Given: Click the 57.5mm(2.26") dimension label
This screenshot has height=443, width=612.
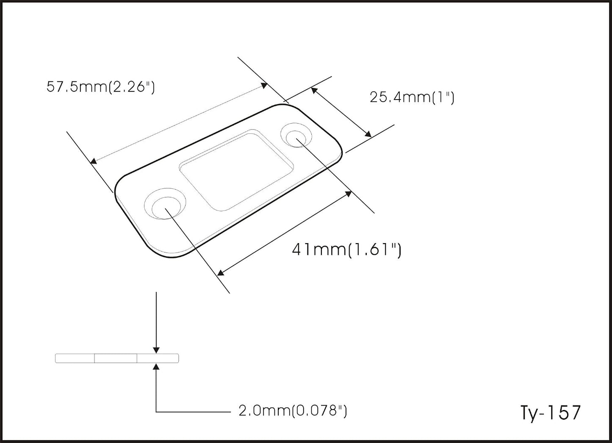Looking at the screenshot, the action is (x=100, y=87).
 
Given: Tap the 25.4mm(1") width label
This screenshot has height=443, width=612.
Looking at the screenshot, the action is (x=412, y=97).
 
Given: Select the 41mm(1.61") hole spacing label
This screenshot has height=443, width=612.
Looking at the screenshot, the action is (x=346, y=250).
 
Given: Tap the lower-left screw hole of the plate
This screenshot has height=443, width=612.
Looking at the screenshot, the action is (x=165, y=204).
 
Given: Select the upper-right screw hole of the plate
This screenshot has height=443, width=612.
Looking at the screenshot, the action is (x=296, y=135).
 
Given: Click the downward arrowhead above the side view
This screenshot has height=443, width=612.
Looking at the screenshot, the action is (x=156, y=350).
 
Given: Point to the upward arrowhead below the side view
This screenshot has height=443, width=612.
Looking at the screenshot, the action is (x=156, y=367).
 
